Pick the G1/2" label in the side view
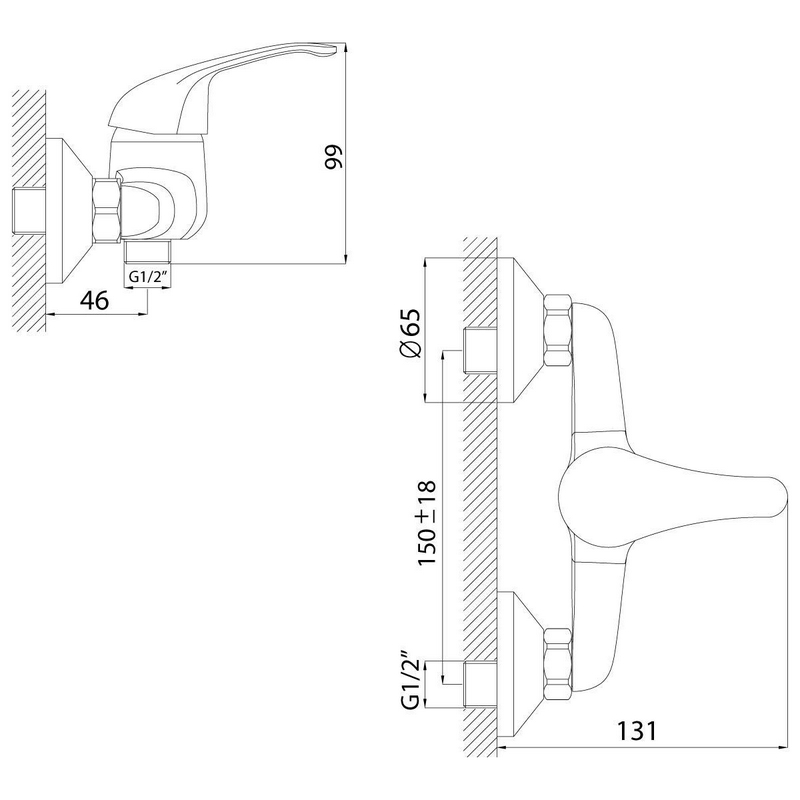146,277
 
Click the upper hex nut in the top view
556,329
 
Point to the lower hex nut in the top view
556,661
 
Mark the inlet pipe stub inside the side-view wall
31,208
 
